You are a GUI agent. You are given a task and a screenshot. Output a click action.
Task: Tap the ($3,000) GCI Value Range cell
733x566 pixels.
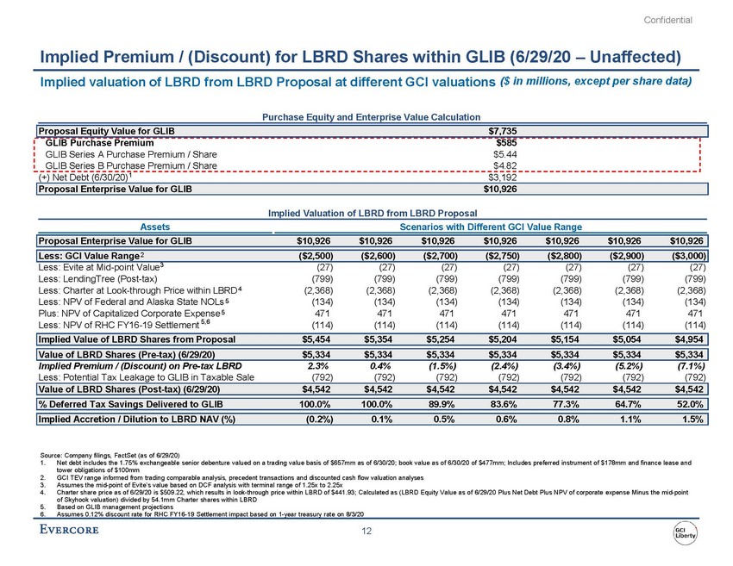tap(686, 255)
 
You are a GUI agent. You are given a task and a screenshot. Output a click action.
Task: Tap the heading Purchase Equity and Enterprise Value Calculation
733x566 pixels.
tap(366, 115)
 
